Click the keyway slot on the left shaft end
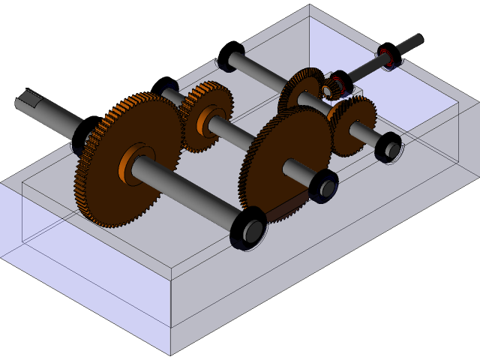click(31, 96)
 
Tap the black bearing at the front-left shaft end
click(248, 229)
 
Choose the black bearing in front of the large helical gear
click(323, 185)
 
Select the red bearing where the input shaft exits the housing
click(387, 56)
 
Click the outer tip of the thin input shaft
click(416, 38)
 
